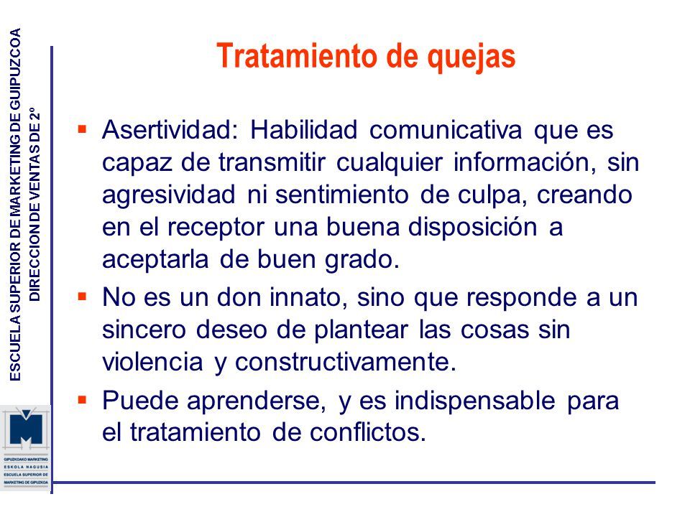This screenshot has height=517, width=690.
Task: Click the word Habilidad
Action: click(x=303, y=130)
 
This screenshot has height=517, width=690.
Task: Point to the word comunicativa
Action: click(x=446, y=130)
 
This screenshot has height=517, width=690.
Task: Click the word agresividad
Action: click(x=169, y=195)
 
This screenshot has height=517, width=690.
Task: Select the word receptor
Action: click(x=216, y=228)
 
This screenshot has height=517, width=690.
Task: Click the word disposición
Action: click(x=473, y=228)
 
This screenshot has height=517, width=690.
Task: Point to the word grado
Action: click(x=362, y=259)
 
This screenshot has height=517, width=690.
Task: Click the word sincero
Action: click(x=144, y=330)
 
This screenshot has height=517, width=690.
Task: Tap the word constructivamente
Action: click(x=346, y=362)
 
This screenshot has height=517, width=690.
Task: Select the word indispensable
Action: click(x=475, y=401)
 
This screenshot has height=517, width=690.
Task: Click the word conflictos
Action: click(x=368, y=432)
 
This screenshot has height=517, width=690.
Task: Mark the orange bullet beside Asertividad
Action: click(x=82, y=129)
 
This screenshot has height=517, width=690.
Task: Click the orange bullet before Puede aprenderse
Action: click(x=82, y=400)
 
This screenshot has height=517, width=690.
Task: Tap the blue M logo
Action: click(x=27, y=427)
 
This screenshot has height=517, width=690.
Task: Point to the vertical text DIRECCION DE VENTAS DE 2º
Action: click(x=34, y=205)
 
